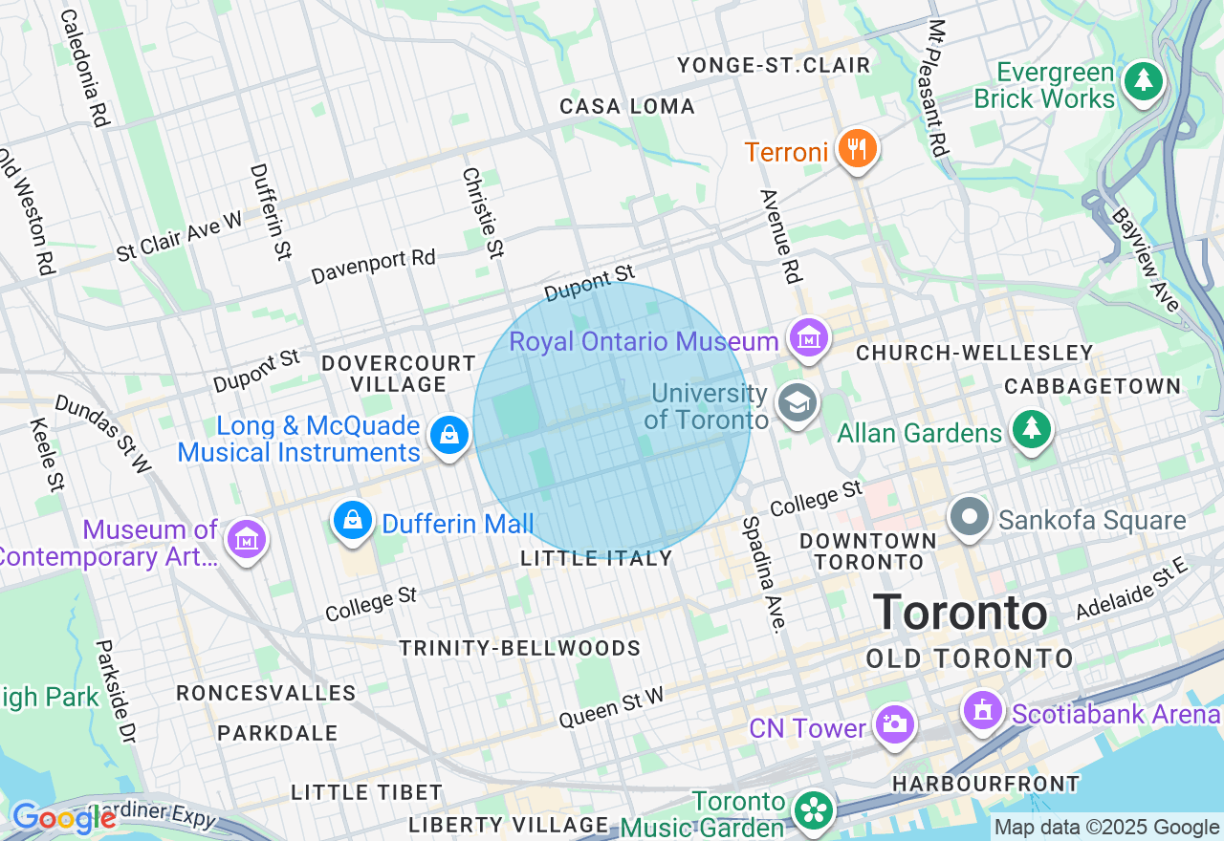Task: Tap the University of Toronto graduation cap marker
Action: pos(797,402)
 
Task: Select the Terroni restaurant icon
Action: pos(857,148)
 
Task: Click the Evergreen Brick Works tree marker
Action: pos(1143,80)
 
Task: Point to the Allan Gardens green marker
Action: pos(1031,429)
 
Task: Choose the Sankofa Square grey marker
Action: pos(970,517)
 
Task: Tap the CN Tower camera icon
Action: pos(894,724)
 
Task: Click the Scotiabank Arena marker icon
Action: pos(981,710)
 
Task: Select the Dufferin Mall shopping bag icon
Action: pos(353,520)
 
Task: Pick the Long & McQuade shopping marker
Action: pos(448,436)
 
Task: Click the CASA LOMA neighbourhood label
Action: pos(627,106)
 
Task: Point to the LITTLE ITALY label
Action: pos(597,558)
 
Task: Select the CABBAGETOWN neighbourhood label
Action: pos(1092,386)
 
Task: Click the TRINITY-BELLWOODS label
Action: pos(520,648)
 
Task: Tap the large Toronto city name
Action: pos(960,612)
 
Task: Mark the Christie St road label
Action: pos(483,213)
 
